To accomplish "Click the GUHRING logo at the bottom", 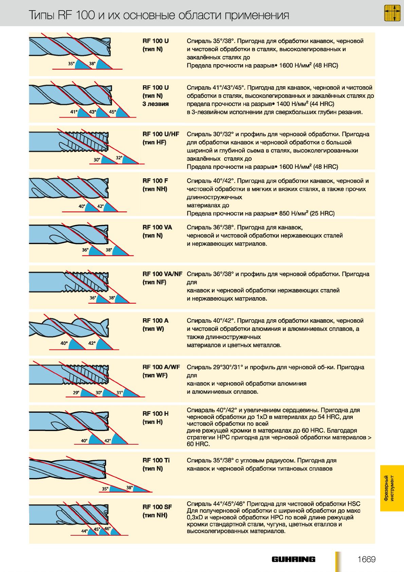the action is pos(293,559).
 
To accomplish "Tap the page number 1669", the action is pos(366,559).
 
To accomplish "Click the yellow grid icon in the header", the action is pos(392,13).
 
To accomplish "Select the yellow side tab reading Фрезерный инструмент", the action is pos(392,488).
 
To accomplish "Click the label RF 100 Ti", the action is pos(156,460).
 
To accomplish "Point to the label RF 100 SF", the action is pos(157,507).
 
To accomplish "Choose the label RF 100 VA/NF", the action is pos(162,274).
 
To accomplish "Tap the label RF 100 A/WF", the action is pos(161,367).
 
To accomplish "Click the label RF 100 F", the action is pos(155,181).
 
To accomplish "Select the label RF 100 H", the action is pos(155,413).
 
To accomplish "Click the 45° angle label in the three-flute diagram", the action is pos(113,112).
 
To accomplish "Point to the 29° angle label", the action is pos(76,392).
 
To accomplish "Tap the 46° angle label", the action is pos(107,528).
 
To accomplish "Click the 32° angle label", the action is pos(119,158).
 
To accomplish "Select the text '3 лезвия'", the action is pos(155,104).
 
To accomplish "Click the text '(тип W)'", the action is pos(153,329).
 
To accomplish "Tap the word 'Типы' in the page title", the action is pos(41,15).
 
